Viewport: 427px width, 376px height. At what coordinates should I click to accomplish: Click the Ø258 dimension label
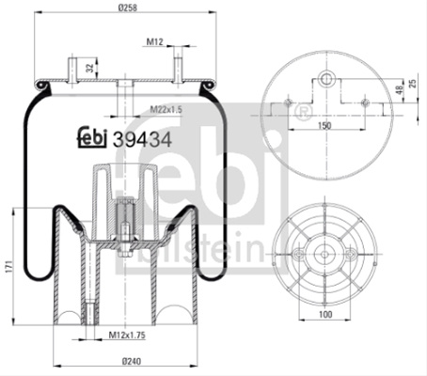[x=128, y=8]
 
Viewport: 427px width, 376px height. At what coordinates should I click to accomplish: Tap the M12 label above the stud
[x=155, y=41]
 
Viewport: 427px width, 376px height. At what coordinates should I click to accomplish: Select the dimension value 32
[x=90, y=68]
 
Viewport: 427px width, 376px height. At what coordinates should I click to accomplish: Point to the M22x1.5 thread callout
[x=166, y=109]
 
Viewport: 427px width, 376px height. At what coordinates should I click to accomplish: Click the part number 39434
[x=142, y=139]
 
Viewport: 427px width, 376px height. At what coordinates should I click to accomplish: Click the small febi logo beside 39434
[x=92, y=137]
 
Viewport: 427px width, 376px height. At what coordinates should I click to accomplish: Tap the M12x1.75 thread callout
[x=127, y=336]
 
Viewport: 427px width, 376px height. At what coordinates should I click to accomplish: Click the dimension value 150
[x=324, y=126]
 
